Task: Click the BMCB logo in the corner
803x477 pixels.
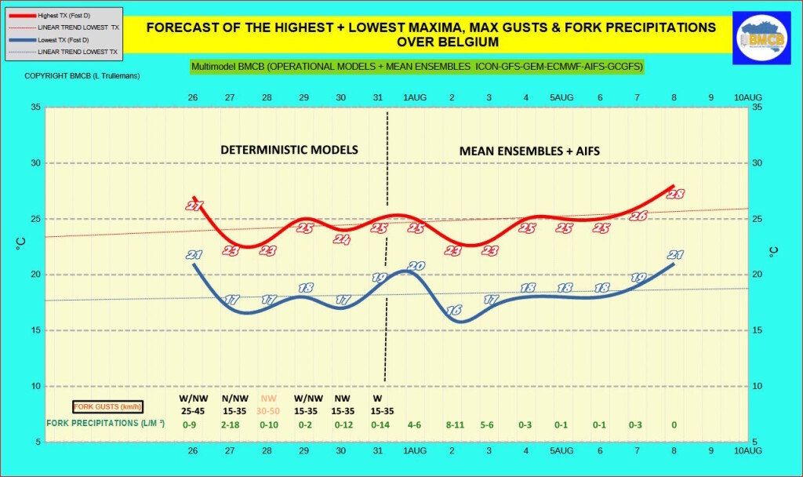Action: (761, 38)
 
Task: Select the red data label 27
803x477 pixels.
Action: (194, 206)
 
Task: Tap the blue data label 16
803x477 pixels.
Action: (453, 311)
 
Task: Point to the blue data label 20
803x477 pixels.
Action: (416, 266)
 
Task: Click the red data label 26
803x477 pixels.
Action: (638, 216)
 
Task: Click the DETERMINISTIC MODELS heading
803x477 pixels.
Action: (289, 149)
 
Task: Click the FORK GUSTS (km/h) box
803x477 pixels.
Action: (107, 406)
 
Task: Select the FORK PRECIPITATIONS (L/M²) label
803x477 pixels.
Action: (106, 424)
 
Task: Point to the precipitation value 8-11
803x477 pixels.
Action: (454, 424)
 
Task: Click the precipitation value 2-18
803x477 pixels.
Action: (231, 424)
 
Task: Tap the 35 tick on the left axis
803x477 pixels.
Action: (35, 107)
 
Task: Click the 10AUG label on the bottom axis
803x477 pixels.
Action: (747, 452)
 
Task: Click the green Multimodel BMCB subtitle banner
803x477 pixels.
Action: (416, 67)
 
